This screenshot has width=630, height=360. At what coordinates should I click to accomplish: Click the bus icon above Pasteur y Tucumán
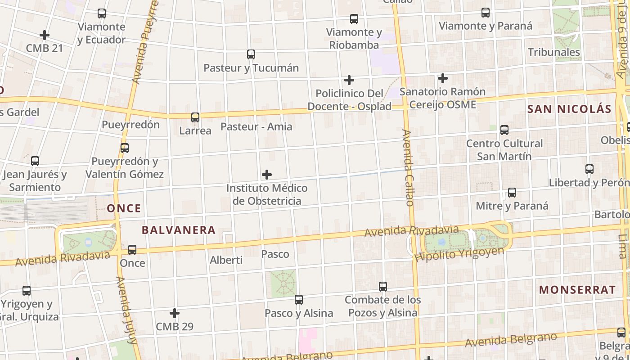point(251,54)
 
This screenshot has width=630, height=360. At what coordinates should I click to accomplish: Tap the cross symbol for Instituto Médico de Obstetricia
point(267,174)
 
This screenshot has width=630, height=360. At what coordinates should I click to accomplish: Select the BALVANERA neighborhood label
point(179,230)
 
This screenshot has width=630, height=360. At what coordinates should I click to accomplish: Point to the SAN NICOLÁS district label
point(569,109)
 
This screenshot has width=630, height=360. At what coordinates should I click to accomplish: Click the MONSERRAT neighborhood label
point(577,290)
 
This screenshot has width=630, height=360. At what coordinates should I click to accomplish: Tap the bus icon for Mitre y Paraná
point(512,193)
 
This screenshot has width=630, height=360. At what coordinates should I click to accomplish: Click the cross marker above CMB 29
point(175,313)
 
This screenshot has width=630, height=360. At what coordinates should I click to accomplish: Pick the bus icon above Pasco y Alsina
point(298,299)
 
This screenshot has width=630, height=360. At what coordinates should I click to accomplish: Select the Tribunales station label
point(554,52)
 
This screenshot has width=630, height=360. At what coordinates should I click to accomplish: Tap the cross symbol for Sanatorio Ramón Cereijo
point(443,78)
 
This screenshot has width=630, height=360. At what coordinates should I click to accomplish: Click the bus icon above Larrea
point(195,117)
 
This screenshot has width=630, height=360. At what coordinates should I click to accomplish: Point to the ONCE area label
point(124,208)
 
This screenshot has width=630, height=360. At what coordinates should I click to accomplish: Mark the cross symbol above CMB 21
point(44,35)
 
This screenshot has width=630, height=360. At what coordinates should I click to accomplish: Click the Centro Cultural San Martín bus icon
point(504,130)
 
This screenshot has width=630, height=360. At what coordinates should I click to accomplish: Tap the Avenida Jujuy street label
point(126,310)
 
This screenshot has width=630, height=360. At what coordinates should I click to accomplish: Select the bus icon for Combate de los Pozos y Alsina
point(382,286)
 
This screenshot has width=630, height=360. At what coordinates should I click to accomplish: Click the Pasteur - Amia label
point(256,127)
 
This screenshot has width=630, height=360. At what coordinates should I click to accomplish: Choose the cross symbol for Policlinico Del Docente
point(349,80)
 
